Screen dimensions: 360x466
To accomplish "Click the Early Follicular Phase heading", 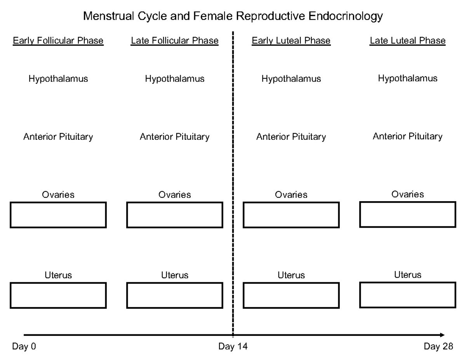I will pyautogui.click(x=58, y=40).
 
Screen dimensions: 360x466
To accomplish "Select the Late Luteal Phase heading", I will pyautogui.click(x=407, y=40).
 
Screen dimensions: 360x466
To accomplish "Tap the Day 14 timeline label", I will pyautogui.click(x=233, y=346).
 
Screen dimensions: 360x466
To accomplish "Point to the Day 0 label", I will pyautogui.click(x=24, y=346).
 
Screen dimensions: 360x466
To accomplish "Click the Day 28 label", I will pyautogui.click(x=438, y=346).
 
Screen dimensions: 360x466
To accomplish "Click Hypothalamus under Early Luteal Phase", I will pyautogui.click(x=291, y=79).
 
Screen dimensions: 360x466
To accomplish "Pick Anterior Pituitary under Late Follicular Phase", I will pyautogui.click(x=174, y=137).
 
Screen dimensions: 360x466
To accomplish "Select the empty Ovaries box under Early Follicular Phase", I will pyautogui.click(x=58, y=215).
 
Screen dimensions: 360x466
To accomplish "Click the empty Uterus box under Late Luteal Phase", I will pyautogui.click(x=407, y=295).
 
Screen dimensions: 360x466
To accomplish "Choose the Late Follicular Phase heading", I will pyautogui.click(x=174, y=40).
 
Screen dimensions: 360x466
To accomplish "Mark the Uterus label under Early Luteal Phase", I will pyautogui.click(x=291, y=275).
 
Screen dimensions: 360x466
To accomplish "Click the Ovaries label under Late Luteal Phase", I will pyautogui.click(x=407, y=194).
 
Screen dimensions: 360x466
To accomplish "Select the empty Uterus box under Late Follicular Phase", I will pyautogui.click(x=174, y=296).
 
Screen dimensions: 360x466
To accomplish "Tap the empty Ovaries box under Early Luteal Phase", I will pyautogui.click(x=291, y=215).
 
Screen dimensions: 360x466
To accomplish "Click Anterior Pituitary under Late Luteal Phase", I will pyautogui.click(x=407, y=136).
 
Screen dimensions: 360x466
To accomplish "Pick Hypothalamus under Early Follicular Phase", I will pyautogui.click(x=58, y=79).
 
